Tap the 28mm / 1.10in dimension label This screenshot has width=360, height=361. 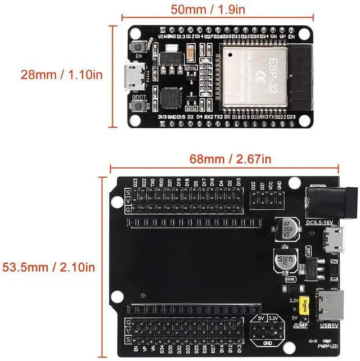(53, 74)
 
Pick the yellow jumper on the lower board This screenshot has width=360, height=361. (304, 306)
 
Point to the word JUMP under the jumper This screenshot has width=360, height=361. (301, 326)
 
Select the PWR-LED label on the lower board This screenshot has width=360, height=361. (326, 348)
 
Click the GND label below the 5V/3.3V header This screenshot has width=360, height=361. (267, 344)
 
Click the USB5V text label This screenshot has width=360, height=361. (329, 326)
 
